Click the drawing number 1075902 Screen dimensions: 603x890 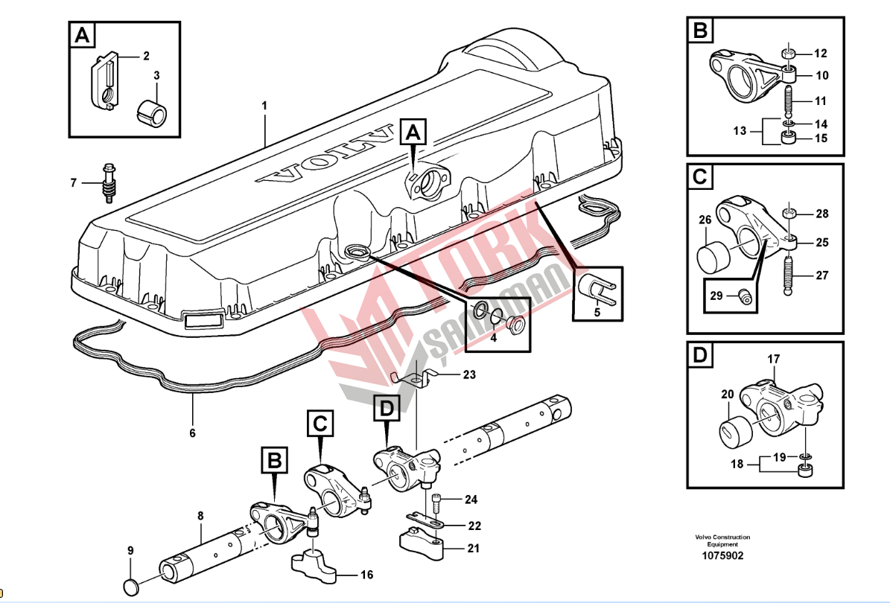click(722, 556)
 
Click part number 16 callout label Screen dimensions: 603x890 click(366, 575)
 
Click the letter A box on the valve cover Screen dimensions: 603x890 click(413, 133)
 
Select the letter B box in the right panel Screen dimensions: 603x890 click(701, 31)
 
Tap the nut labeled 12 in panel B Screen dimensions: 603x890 click(788, 54)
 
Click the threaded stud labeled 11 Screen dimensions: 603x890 click(788, 100)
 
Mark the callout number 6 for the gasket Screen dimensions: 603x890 click(192, 433)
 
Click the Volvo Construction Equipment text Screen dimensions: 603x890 click(722, 540)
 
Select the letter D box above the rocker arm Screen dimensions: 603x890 click(386, 408)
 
